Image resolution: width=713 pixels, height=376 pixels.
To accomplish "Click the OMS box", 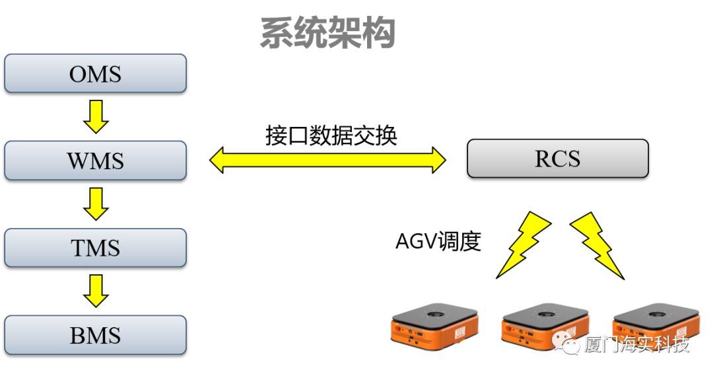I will coord(95,73).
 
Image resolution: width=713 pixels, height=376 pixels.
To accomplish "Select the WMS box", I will coord(95,161).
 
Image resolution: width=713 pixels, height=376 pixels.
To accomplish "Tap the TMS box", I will coord(95,248).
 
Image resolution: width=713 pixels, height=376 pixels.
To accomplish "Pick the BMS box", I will coord(95,335).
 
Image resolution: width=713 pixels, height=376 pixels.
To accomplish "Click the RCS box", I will coord(557,159).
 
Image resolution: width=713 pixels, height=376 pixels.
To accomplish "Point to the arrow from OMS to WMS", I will coord(96,116).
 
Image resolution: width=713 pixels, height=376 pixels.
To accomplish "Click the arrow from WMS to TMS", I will coord(96,204).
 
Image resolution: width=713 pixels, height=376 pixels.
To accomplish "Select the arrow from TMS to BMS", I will coord(96,291).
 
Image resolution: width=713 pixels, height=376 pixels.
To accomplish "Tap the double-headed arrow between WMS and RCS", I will coord(328,160).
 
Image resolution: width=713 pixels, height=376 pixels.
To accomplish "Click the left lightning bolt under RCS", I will coord(524,244).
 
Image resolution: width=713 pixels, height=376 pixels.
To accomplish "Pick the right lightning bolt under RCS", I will coord(596,244).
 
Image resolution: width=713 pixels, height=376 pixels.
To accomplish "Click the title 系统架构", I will coord(327,33).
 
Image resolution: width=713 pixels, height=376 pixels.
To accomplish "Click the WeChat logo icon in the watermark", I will coord(568,344).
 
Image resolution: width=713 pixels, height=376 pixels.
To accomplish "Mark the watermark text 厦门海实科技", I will coord(636,344).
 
